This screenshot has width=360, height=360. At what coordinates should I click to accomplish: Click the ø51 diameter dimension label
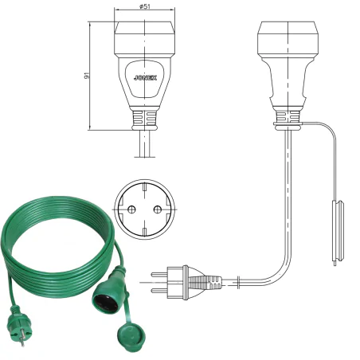click(x=144, y=6)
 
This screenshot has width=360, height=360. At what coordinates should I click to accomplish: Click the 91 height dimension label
click(x=86, y=76)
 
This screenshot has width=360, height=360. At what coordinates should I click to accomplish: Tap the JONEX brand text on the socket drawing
click(x=145, y=78)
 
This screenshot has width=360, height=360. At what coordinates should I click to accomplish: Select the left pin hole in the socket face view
click(x=131, y=209)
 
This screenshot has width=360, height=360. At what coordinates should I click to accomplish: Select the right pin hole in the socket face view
click(x=158, y=209)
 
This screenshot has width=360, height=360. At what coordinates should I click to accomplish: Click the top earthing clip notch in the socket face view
click(x=144, y=186)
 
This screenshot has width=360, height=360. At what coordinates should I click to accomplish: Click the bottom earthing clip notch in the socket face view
click(x=144, y=232)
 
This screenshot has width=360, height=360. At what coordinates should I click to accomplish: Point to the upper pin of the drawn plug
click(x=159, y=274)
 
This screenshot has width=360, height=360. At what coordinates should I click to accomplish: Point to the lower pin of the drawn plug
click(x=159, y=291)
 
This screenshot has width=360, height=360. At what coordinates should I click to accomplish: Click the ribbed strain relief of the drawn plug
click(x=206, y=283)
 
